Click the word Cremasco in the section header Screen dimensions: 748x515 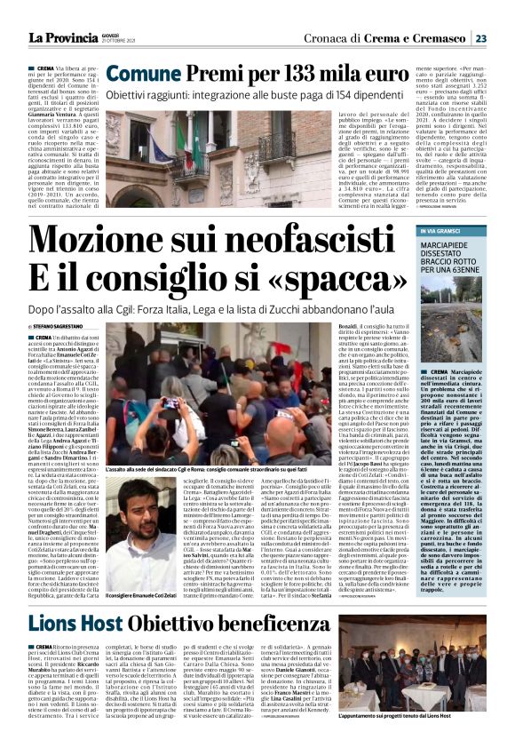[x=438, y=38]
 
